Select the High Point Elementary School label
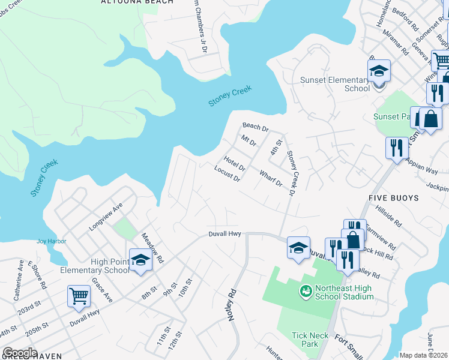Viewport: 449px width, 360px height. click(95, 265)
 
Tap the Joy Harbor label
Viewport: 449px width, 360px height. click(51, 241)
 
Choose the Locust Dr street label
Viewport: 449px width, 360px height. click(228, 174)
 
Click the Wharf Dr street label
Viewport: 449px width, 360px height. click(270, 178)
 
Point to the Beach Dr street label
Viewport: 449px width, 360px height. click(255, 127)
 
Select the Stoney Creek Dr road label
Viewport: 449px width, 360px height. click(291, 173)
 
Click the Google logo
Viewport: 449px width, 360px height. click(20, 353)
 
